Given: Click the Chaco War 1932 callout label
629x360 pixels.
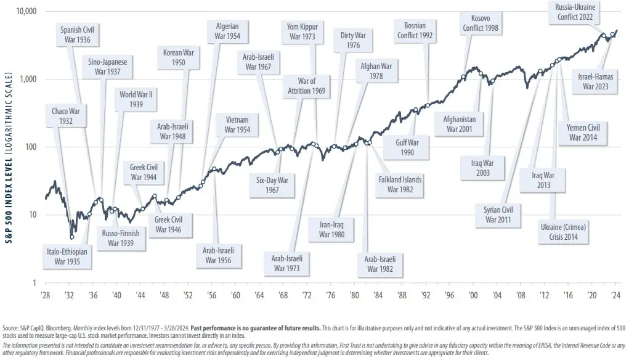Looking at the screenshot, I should pyautogui.click(x=66, y=116).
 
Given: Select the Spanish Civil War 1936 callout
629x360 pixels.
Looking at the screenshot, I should pyautogui.click(x=81, y=34).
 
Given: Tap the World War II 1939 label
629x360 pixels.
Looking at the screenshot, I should pyautogui.click(x=137, y=100).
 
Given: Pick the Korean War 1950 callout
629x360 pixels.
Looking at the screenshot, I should pyautogui.click(x=179, y=57).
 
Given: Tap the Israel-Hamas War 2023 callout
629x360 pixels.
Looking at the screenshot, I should pyautogui.click(x=593, y=81).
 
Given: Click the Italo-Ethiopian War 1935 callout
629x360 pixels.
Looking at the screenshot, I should pyautogui.click(x=67, y=256).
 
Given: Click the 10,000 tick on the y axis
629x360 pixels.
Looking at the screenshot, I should pyautogui.click(x=25, y=12).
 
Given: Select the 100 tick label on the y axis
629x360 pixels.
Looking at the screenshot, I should pyautogui.click(x=30, y=147).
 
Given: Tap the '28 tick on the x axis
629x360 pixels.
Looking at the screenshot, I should pyautogui.click(x=45, y=295).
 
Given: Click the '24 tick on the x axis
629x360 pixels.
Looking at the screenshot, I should pyautogui.click(x=614, y=295).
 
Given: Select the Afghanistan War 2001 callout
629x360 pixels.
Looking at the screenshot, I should pyautogui.click(x=459, y=124).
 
